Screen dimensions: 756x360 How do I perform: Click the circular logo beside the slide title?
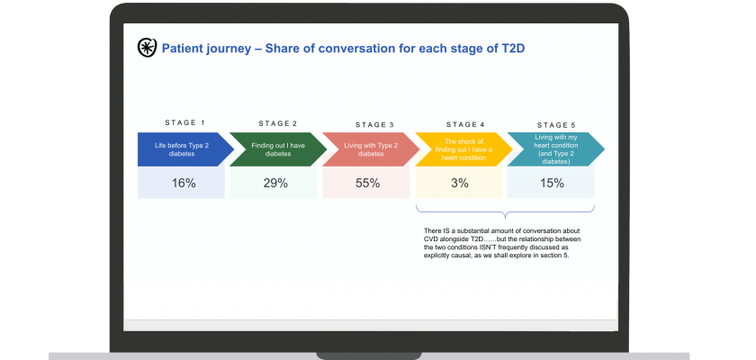click(147, 48)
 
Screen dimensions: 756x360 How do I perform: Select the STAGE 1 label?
click(185, 122)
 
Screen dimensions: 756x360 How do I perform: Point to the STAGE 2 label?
click(278, 123)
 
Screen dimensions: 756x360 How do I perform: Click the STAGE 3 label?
click(374, 125)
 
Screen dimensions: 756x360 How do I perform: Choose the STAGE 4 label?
click(465, 124)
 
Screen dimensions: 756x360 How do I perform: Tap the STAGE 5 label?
click(556, 125)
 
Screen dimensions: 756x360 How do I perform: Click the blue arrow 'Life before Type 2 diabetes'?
click(185, 149)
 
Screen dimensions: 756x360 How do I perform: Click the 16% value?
click(184, 183)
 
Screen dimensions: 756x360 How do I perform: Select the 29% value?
click(275, 183)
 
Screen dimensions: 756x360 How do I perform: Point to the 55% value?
click(367, 183)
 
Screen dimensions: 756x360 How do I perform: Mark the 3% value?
click(460, 183)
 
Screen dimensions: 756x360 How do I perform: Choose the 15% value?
click(552, 183)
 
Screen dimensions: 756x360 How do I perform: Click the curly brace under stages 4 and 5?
click(505, 212)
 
